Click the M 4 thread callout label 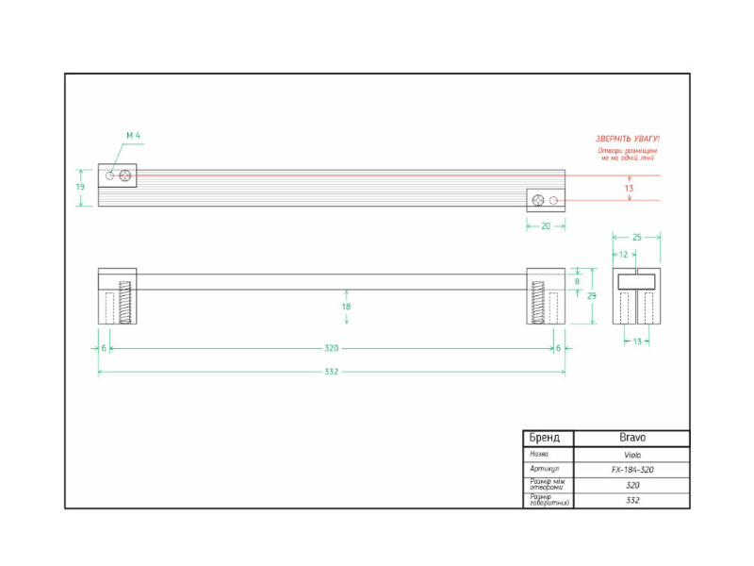click(133, 137)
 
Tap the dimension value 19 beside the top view click(80, 187)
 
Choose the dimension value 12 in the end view click(623, 255)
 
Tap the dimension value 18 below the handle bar click(346, 307)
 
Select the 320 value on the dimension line click(331, 348)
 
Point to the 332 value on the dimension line click(331, 372)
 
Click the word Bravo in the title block click(631, 439)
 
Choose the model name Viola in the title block click(631, 454)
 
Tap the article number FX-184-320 click(631, 470)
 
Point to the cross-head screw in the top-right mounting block click(538, 200)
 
